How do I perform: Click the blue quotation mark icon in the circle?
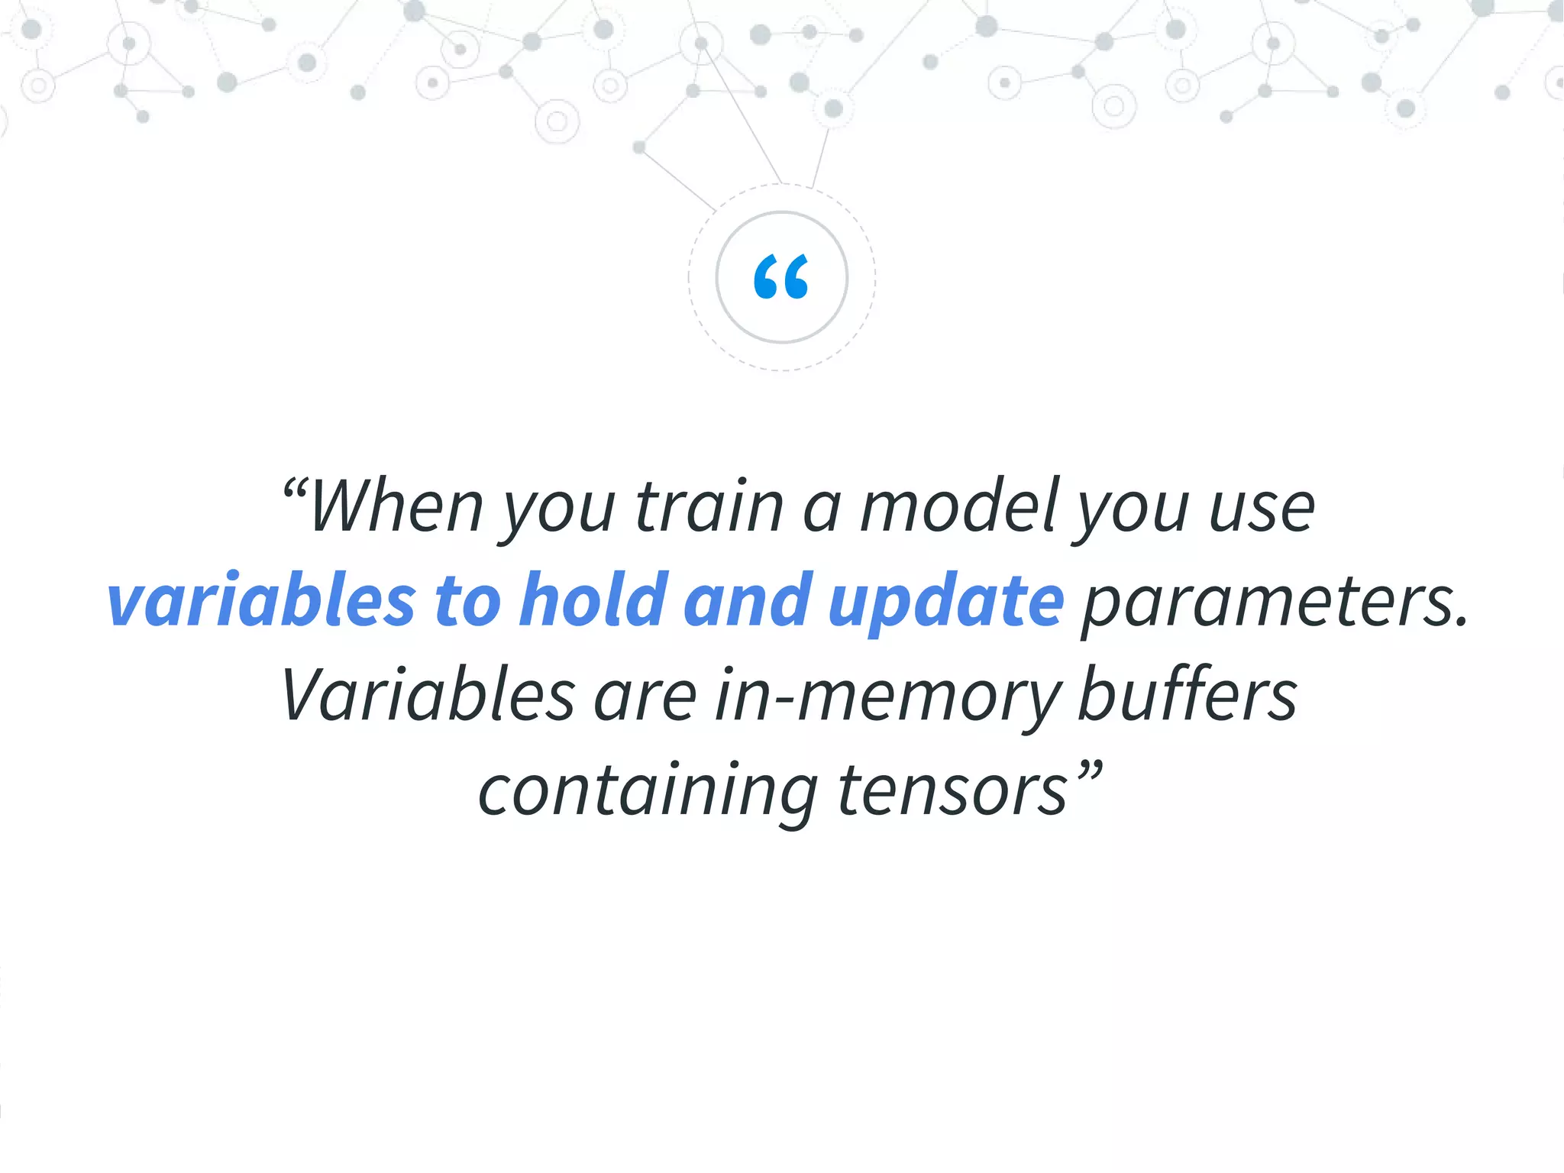tap(781, 276)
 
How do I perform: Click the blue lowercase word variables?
tap(261, 600)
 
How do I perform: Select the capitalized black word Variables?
tap(428, 695)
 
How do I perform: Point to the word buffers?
tap(1187, 695)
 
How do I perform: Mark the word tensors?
tap(952, 791)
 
